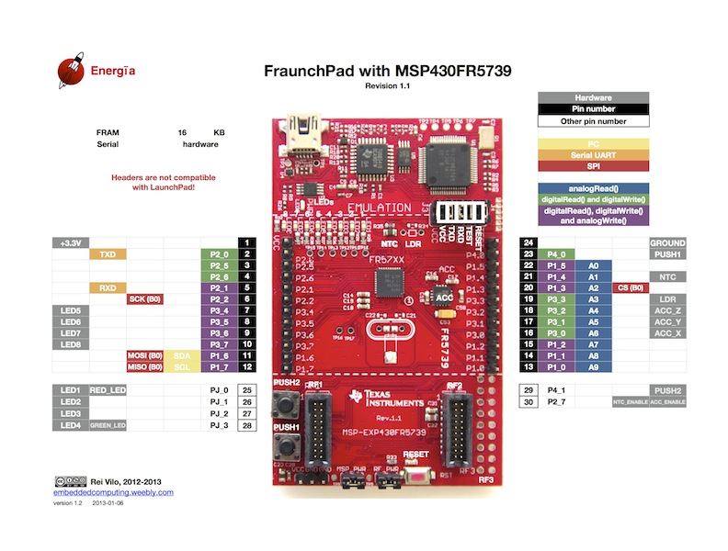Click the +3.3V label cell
click(71, 243)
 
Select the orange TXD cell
click(107, 254)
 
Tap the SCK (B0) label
click(142, 299)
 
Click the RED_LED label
click(107, 390)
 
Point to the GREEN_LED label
click(107, 426)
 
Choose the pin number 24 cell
click(529, 242)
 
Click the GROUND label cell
click(666, 242)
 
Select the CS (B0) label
click(630, 288)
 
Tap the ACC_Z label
click(666, 310)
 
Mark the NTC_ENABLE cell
click(630, 402)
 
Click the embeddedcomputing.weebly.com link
click(113, 492)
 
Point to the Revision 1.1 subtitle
click(387, 85)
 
